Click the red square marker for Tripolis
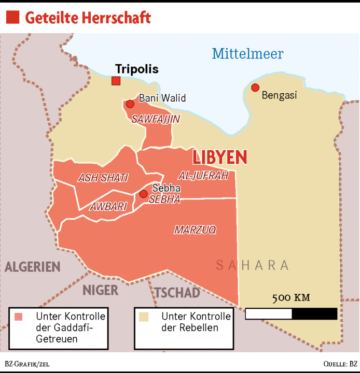[x=116, y=80]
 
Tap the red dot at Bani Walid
[x=130, y=104]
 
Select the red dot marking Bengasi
[x=255, y=88]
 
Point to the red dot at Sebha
[x=143, y=194]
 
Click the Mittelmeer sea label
[x=247, y=53]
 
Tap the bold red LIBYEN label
[x=219, y=157]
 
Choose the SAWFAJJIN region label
[x=156, y=119]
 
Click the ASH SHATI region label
[x=103, y=178]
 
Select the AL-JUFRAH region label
[x=203, y=176]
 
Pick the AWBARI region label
[x=108, y=206]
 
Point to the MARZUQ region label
[x=195, y=229]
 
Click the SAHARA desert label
[x=252, y=265]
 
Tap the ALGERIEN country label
[x=33, y=267]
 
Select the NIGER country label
[x=101, y=290]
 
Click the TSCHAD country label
[x=177, y=292]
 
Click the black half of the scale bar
[x=314, y=313]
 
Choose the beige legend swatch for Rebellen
[x=145, y=316]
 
